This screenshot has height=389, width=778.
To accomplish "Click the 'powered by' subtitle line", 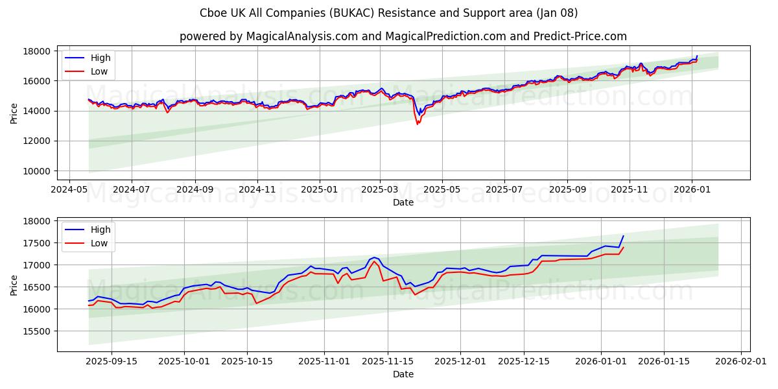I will [x=403, y=36].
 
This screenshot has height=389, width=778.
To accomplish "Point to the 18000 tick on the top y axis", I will [x=38, y=51].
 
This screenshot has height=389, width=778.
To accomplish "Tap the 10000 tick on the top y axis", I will [x=38, y=171].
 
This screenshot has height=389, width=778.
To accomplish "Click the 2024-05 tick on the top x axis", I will [x=69, y=189].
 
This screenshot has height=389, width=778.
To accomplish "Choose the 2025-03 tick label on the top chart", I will [x=380, y=189].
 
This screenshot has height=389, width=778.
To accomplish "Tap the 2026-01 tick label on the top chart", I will [x=691, y=189].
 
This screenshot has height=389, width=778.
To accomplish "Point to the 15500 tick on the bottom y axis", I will [x=38, y=331].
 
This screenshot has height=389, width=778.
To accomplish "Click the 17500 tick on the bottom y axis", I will [x=38, y=243].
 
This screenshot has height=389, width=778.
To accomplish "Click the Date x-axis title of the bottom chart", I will [x=403, y=374].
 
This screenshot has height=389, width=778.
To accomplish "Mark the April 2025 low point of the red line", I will [x=418, y=123].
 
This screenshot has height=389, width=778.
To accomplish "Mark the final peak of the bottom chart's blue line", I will [x=623, y=236].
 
